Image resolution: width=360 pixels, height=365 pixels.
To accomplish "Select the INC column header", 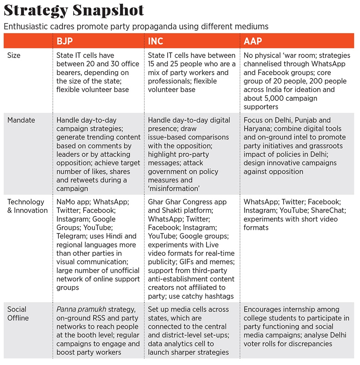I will click(156, 41).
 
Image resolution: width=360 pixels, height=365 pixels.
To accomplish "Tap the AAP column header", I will click(253, 41).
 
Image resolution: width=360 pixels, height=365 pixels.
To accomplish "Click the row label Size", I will click(14, 56).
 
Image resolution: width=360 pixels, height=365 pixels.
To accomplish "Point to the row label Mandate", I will click(21, 120).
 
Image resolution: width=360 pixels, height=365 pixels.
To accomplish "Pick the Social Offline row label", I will click(18, 313).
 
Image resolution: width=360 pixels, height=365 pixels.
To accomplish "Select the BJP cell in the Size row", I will click(98, 72).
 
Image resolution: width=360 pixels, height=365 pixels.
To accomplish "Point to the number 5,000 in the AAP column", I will click(269, 98).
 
